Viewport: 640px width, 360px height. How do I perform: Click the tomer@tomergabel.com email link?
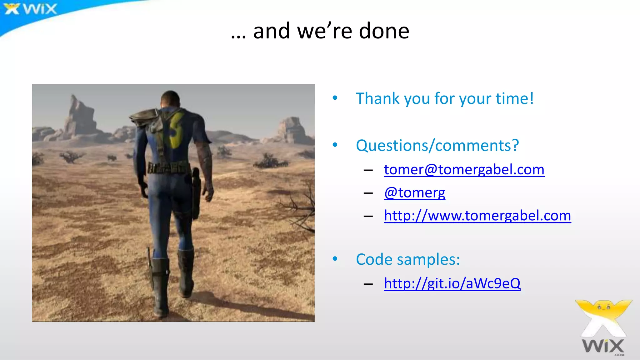tap(464, 170)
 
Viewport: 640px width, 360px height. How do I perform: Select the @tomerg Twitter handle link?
tap(415, 192)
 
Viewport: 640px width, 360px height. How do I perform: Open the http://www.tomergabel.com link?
tap(477, 216)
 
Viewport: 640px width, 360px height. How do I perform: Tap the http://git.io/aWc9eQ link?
tap(452, 283)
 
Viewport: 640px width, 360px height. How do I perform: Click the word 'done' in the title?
tap(384, 31)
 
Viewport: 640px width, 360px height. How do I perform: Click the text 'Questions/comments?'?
tap(437, 146)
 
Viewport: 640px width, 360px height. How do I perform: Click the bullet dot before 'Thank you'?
tap(335, 98)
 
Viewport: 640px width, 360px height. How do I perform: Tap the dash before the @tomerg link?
tap(368, 193)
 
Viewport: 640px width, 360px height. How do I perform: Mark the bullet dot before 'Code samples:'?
tap(335, 259)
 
